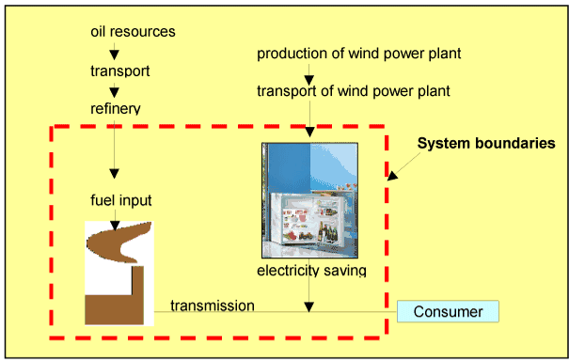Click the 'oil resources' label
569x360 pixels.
[133, 32]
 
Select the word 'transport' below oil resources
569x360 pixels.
[119, 70]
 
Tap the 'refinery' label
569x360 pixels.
[115, 108]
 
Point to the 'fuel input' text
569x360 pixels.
[121, 200]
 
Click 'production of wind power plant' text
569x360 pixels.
[358, 54]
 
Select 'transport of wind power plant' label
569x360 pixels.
[354, 91]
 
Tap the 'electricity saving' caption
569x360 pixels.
[310, 272]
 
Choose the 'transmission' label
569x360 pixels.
[212, 305]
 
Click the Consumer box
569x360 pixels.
[448, 311]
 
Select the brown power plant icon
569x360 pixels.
[119, 274]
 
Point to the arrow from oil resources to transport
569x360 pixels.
[114, 52]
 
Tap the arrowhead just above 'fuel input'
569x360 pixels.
[114, 173]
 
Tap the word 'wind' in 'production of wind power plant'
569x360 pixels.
[354, 54]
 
